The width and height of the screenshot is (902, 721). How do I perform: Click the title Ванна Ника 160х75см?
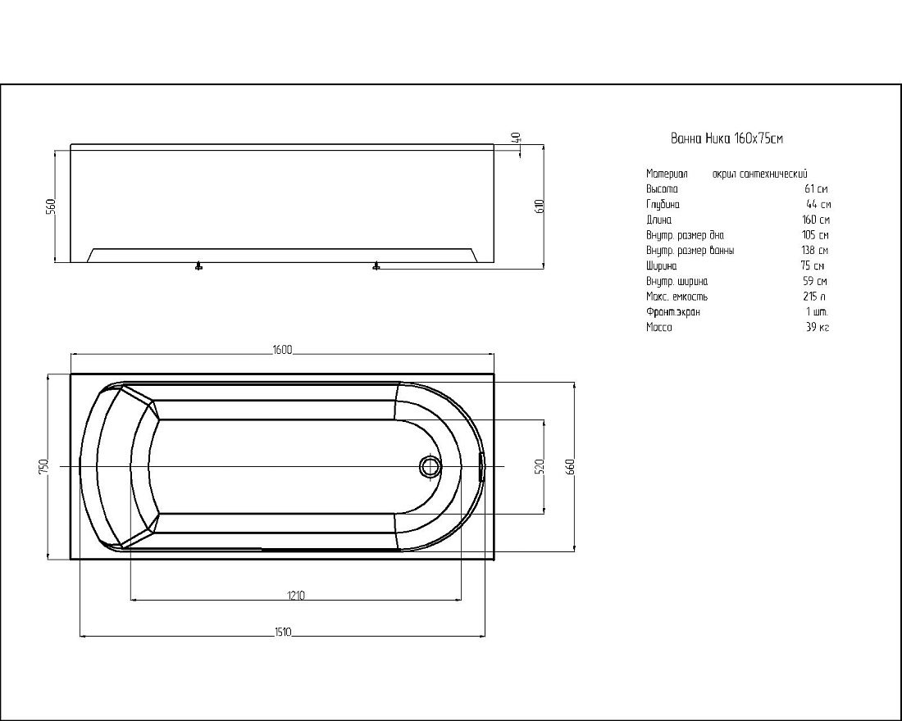[x=727, y=138]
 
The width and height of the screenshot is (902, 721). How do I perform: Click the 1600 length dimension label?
[x=282, y=350]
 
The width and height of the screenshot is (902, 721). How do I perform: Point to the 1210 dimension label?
[x=296, y=595]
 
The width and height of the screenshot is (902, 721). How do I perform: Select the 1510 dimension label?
[x=282, y=632]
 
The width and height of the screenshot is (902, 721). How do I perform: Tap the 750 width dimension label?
[x=43, y=466]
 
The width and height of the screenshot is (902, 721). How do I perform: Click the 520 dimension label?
[x=539, y=466]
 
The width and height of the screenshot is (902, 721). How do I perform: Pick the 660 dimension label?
[x=570, y=466]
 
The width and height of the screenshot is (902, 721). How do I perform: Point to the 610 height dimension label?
[x=539, y=206]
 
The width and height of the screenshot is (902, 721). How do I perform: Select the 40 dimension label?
[x=516, y=138]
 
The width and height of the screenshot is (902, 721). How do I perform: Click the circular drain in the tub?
[x=429, y=466]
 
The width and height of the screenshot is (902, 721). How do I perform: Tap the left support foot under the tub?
[x=199, y=266]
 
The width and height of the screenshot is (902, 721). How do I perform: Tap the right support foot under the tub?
[x=376, y=266]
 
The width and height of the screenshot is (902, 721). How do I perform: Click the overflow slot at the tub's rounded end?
[x=481, y=466]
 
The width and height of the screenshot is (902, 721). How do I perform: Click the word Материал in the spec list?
[x=667, y=174]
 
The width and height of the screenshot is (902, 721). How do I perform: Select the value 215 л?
[x=814, y=297]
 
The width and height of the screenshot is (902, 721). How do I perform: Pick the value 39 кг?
[x=818, y=328]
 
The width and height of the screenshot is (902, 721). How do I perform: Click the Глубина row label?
[x=663, y=205]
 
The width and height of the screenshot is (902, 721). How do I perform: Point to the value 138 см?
[x=815, y=250]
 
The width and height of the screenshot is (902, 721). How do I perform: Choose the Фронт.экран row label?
[x=672, y=312]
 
